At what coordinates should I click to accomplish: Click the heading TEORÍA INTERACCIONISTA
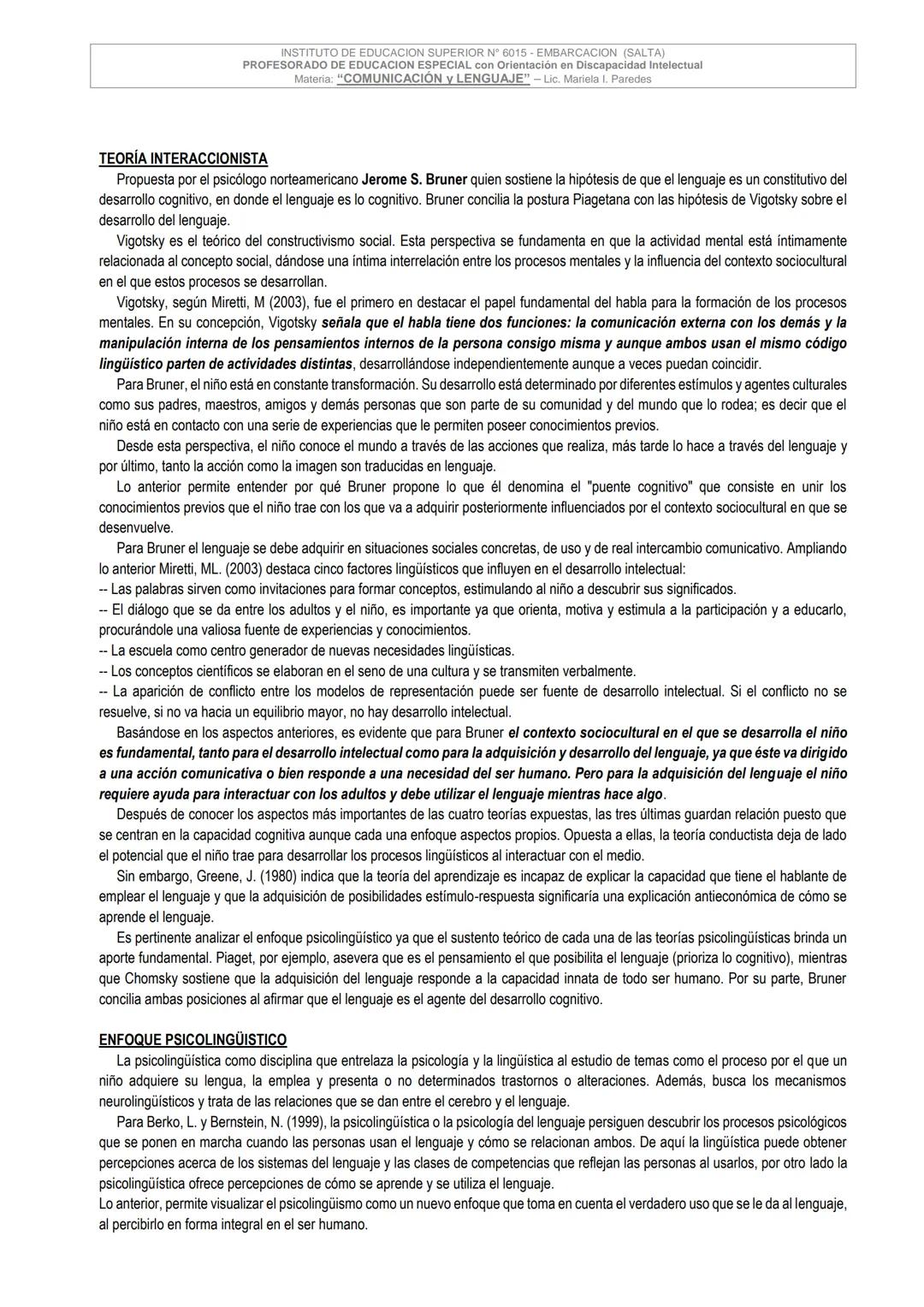pyautogui.click(x=183, y=159)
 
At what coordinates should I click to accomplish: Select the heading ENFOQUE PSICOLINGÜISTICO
pyautogui.click(x=192, y=1040)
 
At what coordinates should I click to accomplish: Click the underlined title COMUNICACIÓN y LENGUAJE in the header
pyautogui.click(x=434, y=79)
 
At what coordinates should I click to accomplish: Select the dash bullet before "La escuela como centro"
pyautogui.click(x=104, y=651)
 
